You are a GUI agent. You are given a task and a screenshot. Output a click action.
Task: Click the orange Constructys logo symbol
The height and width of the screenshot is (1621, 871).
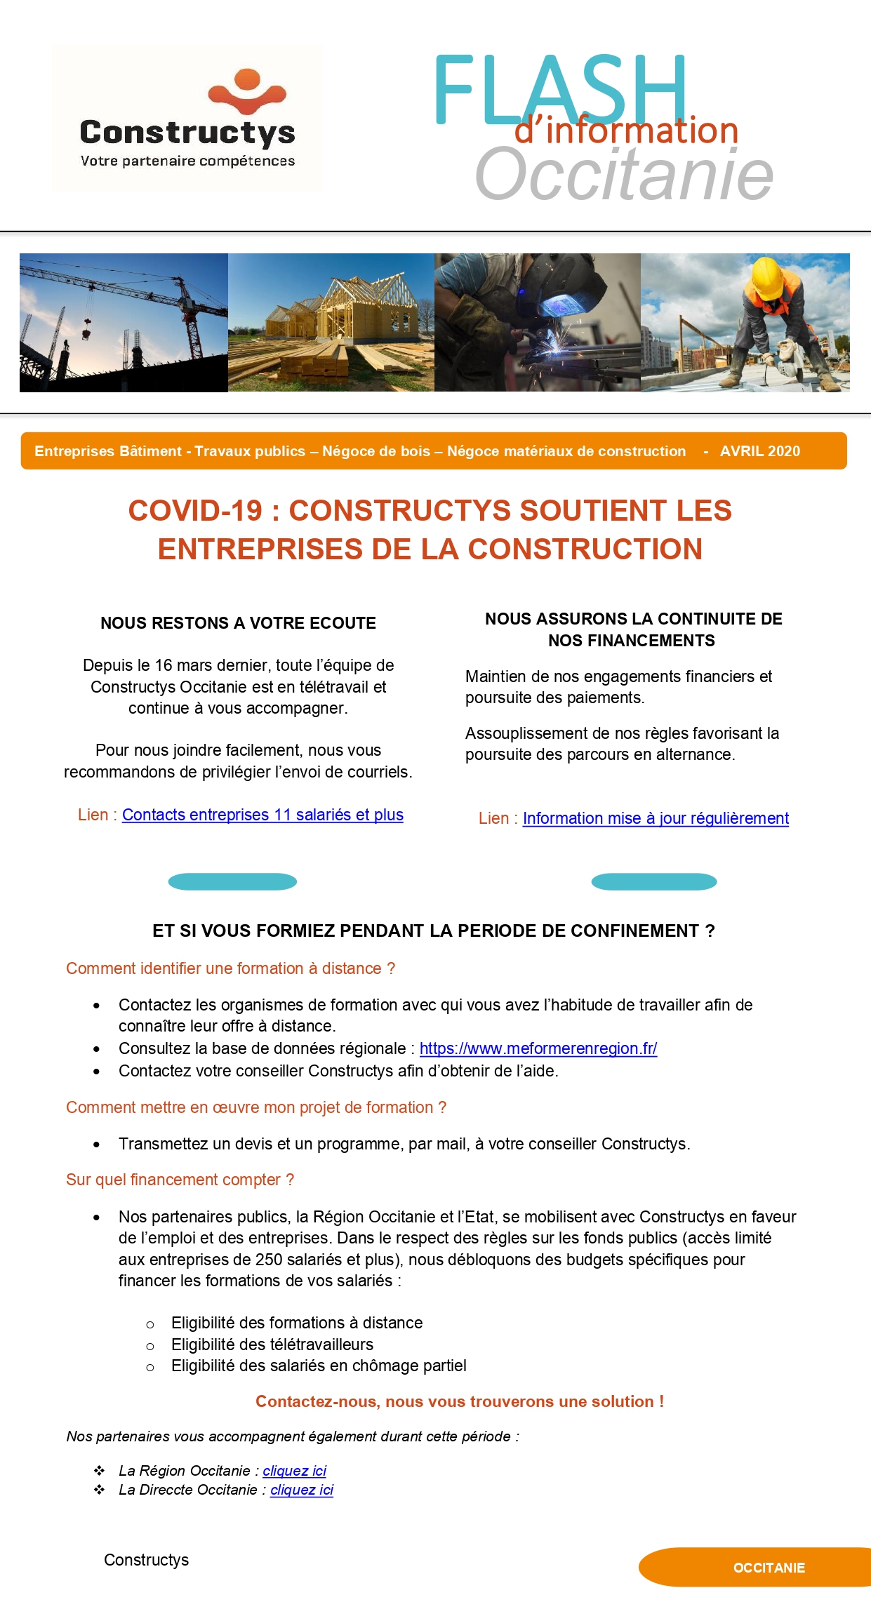pos(247,91)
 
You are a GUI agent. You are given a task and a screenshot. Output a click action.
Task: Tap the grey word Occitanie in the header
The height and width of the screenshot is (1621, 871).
pos(624,175)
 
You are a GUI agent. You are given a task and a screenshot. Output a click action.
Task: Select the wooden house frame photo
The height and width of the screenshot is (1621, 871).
pos(331,322)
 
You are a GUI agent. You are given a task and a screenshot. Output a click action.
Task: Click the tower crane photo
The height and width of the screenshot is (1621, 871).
pos(124,322)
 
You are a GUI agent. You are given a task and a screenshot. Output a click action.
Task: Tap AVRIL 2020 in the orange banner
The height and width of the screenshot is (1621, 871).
pos(759,451)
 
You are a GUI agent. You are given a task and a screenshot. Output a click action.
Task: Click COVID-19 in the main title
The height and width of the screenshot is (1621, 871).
pos(195,511)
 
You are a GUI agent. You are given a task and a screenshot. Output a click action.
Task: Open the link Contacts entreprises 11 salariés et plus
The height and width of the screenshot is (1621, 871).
pos(262,815)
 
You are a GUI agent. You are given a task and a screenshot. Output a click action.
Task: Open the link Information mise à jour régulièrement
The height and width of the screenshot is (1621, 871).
pos(656,818)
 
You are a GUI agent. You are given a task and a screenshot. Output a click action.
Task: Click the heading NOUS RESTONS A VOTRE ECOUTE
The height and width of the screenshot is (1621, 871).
pos(238,623)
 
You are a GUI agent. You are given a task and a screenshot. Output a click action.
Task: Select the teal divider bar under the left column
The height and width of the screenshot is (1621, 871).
pos(232,881)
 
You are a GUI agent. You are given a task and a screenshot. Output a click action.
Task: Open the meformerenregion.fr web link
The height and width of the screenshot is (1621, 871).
pos(538,1048)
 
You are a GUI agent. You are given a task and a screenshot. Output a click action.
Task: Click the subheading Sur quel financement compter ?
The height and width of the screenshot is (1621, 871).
pos(180,1180)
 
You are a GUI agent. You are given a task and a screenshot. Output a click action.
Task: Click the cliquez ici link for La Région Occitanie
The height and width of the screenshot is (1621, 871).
pos(294,1471)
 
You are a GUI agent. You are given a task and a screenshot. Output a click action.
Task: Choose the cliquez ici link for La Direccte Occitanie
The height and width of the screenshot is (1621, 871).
pos(302,1490)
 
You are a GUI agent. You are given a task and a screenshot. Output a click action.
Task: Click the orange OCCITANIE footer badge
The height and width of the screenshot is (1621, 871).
pos(769,1568)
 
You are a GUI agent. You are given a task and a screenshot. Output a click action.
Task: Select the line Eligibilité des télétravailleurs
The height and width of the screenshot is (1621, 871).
pos(272,1345)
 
